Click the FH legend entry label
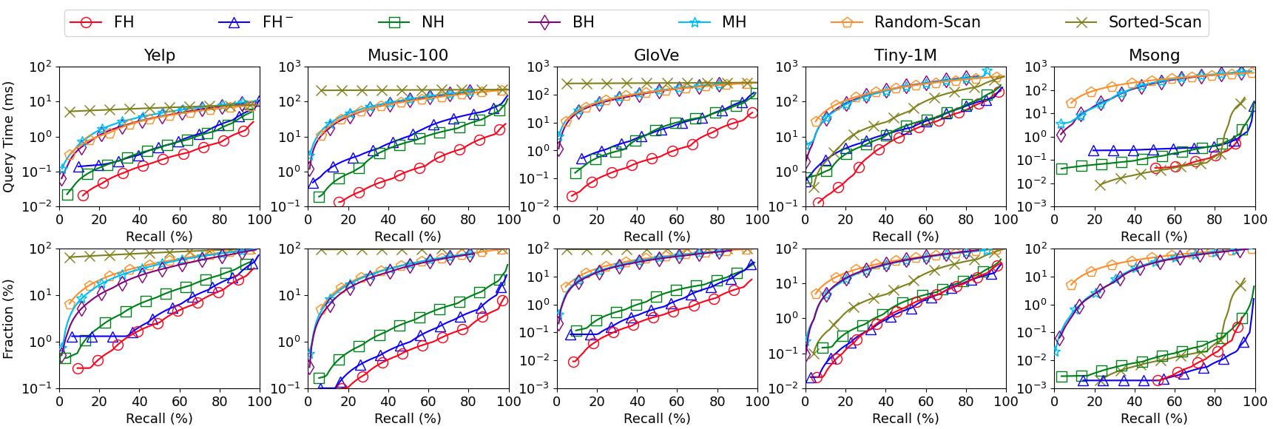124,22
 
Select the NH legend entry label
433,22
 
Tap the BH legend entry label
583,22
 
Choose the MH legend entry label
734,22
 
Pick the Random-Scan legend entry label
927,22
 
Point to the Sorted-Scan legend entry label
1155,22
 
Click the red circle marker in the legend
87,22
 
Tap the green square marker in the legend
394,22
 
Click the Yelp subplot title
159,55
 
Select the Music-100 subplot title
408,55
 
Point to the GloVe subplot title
656,55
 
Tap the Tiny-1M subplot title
905,55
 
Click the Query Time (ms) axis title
9,136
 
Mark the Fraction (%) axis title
9,319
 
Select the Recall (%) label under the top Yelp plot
159,236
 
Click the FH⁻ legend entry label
277,22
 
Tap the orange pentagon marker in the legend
847,22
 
